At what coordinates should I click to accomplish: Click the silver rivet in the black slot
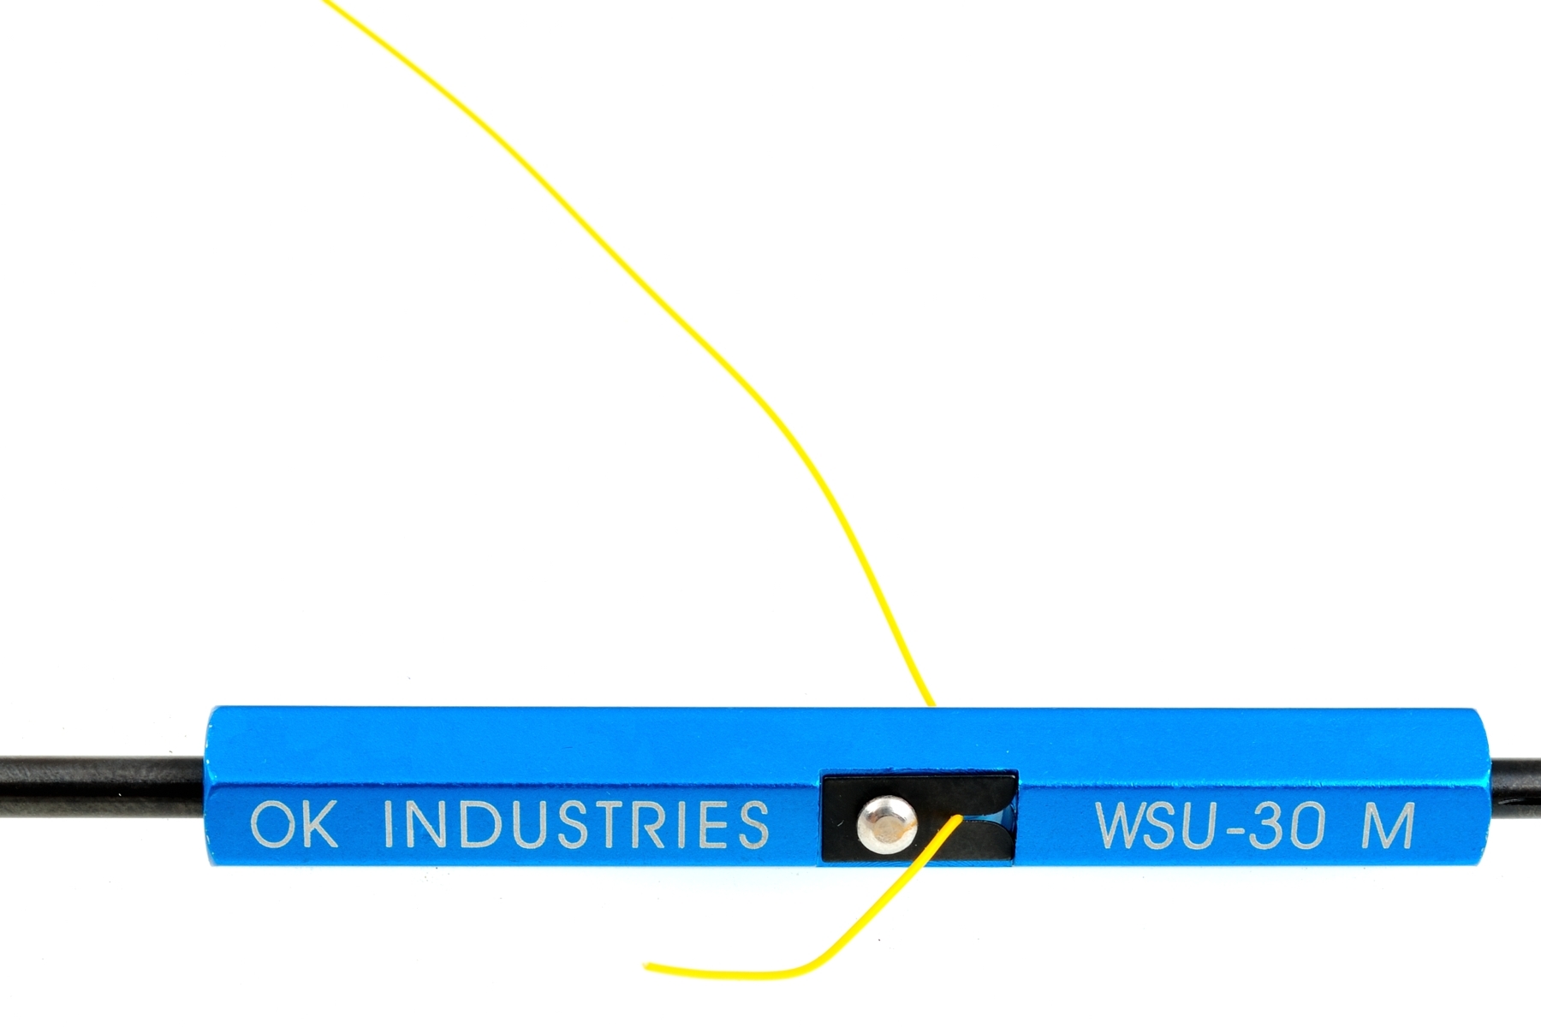click(886, 824)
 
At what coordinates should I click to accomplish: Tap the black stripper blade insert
click(919, 815)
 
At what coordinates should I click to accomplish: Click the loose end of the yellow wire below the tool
click(647, 966)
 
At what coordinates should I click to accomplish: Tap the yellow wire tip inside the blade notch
click(960, 817)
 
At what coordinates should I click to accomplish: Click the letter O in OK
click(269, 825)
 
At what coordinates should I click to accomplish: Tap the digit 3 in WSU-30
click(1264, 825)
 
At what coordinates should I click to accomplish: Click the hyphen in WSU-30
click(1229, 828)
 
